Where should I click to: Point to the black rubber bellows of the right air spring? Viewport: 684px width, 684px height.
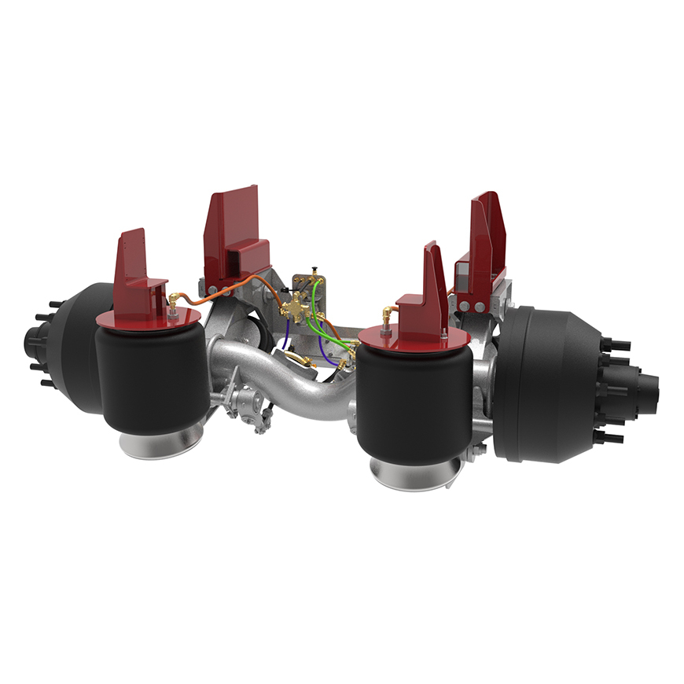pos(412,401)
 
